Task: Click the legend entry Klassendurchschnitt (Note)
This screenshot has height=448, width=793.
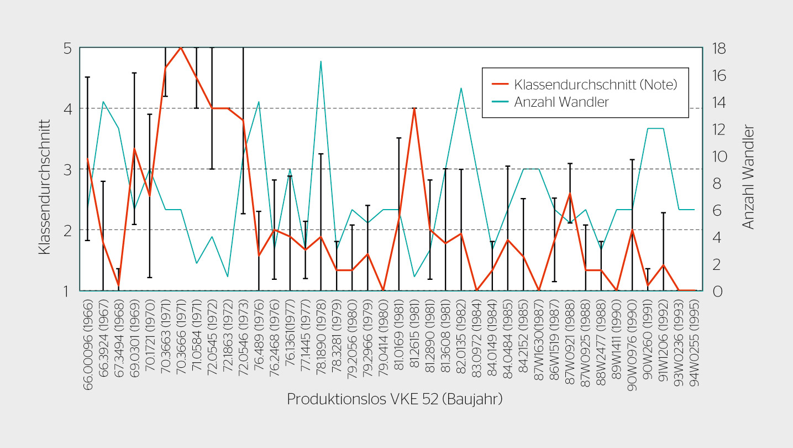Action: (x=595, y=85)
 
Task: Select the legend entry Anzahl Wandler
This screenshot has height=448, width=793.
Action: (x=561, y=102)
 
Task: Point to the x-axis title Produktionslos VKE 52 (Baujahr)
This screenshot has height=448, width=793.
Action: (x=395, y=399)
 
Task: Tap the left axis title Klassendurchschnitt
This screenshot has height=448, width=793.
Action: (x=45, y=188)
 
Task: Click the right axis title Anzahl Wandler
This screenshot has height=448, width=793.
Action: (x=748, y=177)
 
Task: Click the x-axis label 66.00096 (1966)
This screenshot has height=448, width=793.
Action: (x=88, y=343)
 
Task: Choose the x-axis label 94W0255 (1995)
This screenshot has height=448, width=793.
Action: (x=695, y=343)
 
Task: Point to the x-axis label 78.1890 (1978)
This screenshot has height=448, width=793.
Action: (x=321, y=343)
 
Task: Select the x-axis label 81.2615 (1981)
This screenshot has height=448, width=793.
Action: (x=414, y=343)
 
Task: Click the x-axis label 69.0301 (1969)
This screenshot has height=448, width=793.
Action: (x=134, y=343)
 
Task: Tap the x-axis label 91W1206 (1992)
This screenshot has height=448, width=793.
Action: (x=664, y=343)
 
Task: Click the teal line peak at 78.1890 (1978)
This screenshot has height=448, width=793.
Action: (x=321, y=61)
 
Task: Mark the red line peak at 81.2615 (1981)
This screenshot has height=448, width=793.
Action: (x=414, y=108)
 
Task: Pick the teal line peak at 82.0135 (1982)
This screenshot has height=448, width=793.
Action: (x=461, y=88)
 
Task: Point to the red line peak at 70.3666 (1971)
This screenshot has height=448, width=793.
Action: (x=181, y=48)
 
